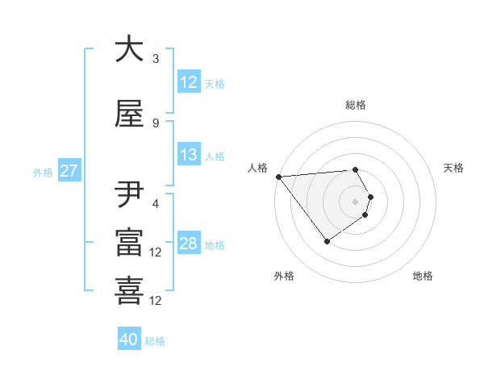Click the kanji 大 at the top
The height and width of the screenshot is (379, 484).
[129, 50]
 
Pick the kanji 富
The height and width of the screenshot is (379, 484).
[129, 243]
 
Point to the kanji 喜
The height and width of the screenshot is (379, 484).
[129, 290]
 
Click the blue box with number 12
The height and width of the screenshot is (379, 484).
[188, 82]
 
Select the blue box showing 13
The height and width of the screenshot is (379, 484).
[188, 155]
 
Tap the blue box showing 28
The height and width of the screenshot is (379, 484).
[188, 244]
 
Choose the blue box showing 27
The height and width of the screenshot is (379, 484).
[69, 171]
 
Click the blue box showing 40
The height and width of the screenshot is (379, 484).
[129, 339]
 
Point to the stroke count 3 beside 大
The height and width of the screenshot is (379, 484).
[155, 58]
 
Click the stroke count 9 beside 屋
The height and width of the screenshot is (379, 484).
[155, 123]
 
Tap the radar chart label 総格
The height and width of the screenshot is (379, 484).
[356, 105]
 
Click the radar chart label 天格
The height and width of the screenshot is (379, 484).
[454, 168]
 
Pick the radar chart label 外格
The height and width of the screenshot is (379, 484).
[284, 276]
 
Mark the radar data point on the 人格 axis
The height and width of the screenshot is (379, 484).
[278, 177]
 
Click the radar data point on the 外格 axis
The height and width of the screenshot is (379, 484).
[327, 241]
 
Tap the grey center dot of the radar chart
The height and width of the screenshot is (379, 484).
[355, 202]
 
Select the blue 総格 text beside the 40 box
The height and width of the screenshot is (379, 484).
[156, 341]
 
